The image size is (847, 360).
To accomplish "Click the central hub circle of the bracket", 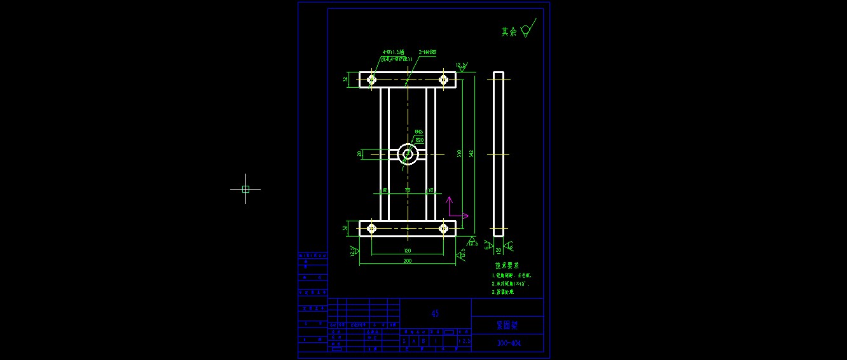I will (x=407, y=154).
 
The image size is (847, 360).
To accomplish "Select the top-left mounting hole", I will (x=371, y=80).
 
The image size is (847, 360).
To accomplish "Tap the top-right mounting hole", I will (x=443, y=80).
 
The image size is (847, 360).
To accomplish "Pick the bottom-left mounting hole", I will (x=371, y=228).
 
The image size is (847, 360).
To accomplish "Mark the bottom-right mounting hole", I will (x=443, y=228).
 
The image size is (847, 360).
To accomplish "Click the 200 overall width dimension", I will (x=407, y=261).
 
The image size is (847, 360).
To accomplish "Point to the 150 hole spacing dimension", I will (x=407, y=251).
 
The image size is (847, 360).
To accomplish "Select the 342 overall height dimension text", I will (x=471, y=153).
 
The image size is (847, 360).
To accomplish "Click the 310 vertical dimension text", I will (x=459, y=153).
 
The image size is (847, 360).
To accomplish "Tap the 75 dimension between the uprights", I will (x=408, y=190).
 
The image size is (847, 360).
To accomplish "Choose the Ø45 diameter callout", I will (x=419, y=132).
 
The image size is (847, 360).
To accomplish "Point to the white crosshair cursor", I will (x=245, y=189).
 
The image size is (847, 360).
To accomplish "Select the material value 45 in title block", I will (x=435, y=314).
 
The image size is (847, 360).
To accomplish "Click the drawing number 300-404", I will (x=507, y=343).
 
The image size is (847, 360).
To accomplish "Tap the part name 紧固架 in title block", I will (x=507, y=325).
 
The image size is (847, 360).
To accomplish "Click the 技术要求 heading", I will (x=507, y=265).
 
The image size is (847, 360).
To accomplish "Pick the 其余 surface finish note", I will (x=509, y=32).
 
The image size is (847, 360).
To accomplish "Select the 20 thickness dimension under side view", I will (x=499, y=251).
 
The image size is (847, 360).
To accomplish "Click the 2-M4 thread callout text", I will (x=427, y=52).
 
